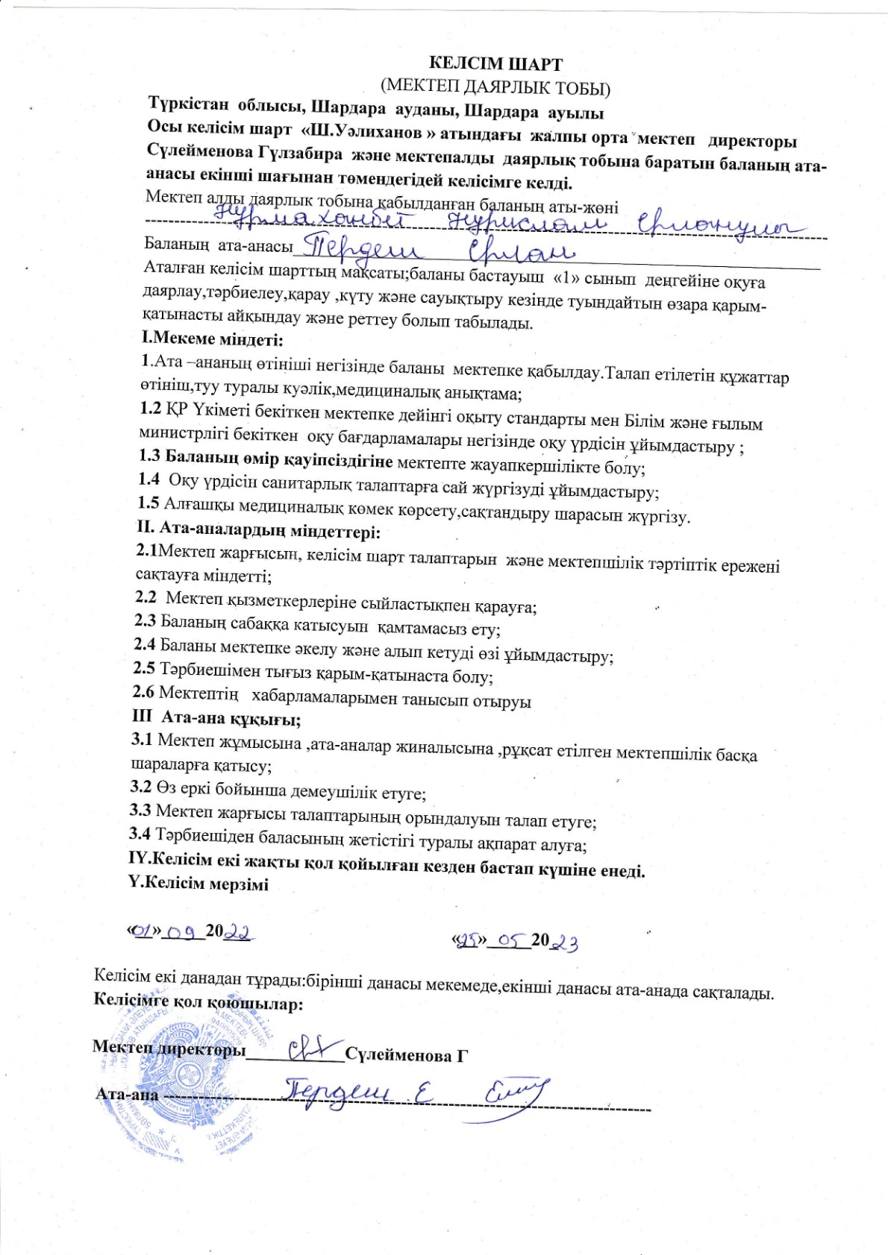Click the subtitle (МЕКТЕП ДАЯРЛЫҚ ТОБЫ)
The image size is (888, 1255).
point(495,88)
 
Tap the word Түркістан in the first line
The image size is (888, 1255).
point(190,104)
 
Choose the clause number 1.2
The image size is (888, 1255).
point(151,408)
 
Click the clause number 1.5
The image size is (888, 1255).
point(149,503)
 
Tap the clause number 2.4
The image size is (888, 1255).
point(145,644)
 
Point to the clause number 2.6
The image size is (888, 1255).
point(143,692)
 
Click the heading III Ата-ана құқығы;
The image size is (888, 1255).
point(216,720)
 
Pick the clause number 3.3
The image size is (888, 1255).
point(141,809)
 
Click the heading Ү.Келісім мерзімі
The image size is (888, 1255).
point(198,884)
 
